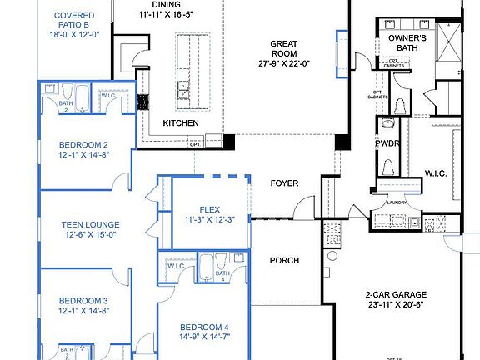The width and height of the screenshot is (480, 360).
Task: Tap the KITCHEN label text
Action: [180, 123]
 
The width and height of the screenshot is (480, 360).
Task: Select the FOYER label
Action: [283, 182]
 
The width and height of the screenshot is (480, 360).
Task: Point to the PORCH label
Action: [284, 260]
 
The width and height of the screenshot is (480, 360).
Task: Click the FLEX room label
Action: [209, 209]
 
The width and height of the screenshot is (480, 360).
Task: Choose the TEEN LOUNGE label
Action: [90, 224]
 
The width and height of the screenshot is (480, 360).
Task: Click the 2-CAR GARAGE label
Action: [396, 294]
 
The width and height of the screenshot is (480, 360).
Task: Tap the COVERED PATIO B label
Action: [73, 21]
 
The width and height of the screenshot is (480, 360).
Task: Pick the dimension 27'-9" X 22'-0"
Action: [289, 62]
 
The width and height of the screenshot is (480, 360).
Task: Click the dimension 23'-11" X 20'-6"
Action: [396, 306]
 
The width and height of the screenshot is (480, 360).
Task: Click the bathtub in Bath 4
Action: [206, 269]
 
